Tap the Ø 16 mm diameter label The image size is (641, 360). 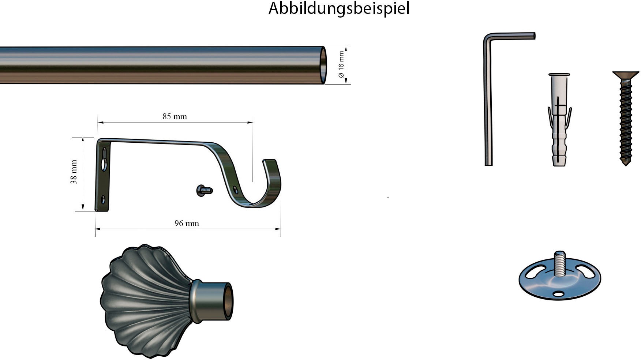click(x=341, y=65)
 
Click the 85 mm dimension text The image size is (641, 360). click(x=175, y=117)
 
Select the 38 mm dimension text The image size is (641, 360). click(x=74, y=172)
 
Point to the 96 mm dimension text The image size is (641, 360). click(x=187, y=224)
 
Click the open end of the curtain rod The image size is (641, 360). click(x=323, y=65)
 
